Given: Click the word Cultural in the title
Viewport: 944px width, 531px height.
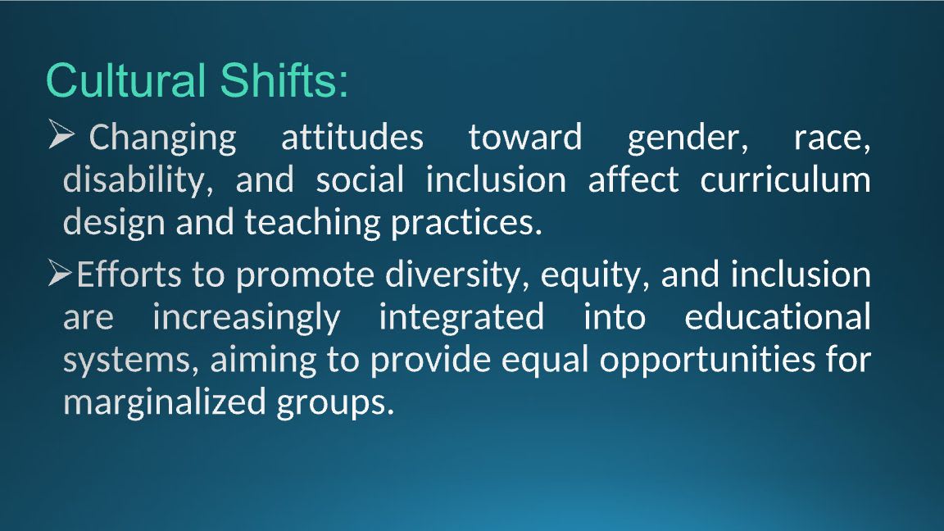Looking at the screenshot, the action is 125,80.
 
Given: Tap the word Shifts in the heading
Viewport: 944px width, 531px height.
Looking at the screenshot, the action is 279,80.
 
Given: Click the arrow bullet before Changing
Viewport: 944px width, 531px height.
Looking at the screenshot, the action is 61,134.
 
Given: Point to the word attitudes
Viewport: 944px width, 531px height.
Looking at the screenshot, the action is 352,138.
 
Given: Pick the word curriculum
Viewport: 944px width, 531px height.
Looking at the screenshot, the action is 785,179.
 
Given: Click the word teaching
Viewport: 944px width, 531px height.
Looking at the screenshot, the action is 312,224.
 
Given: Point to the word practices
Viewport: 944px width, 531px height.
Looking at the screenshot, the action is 466,224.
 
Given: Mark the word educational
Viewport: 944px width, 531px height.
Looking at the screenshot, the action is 777,316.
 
